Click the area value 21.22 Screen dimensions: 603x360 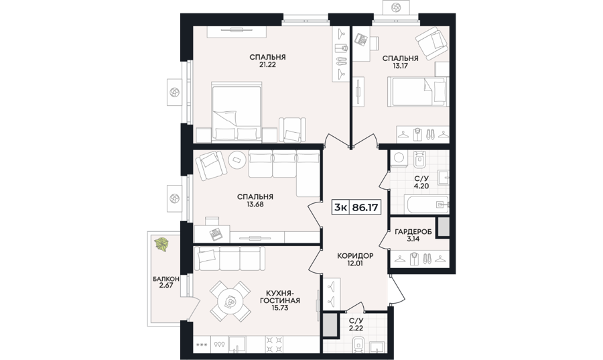267,65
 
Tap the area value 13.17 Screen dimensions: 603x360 400,66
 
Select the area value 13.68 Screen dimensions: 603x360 255,204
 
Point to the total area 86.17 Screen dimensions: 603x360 364,208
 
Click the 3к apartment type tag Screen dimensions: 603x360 341,208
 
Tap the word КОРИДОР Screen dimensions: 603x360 355,256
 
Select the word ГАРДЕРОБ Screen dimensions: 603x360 413,231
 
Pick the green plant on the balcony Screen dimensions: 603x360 161,245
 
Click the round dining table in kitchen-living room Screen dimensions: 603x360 230,301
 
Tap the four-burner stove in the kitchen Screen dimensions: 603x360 275,345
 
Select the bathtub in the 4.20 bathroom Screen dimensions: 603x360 427,204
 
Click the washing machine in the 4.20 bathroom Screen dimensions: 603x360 399,159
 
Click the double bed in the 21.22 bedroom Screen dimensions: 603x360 237,111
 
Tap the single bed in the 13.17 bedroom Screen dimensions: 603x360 417,92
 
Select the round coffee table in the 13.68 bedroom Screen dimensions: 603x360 237,160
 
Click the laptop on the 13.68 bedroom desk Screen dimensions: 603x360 215,234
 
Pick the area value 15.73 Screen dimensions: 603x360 279,308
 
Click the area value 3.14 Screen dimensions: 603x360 413,239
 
